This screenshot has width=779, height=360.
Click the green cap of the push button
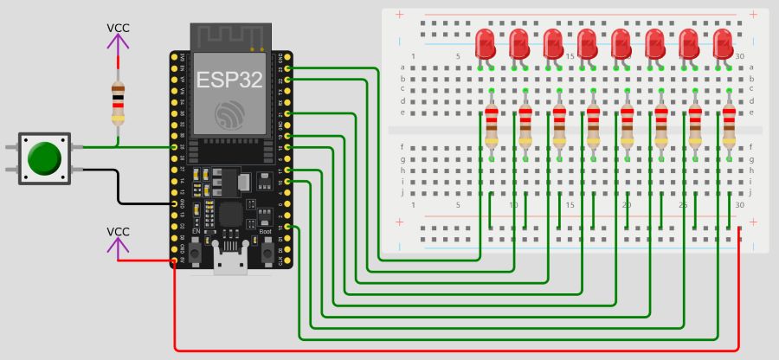point(43,158)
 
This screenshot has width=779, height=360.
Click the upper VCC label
point(119,28)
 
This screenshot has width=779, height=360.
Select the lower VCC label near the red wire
point(119,232)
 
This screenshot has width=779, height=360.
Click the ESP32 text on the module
point(230,80)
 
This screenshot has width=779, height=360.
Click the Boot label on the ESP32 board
point(266,232)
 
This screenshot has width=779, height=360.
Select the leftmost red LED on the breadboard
point(486,42)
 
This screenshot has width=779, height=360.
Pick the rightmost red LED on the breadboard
point(723,42)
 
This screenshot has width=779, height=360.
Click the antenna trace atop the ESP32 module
point(230,36)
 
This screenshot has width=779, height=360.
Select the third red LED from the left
point(554,42)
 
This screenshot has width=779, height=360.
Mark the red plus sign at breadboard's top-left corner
point(399,15)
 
